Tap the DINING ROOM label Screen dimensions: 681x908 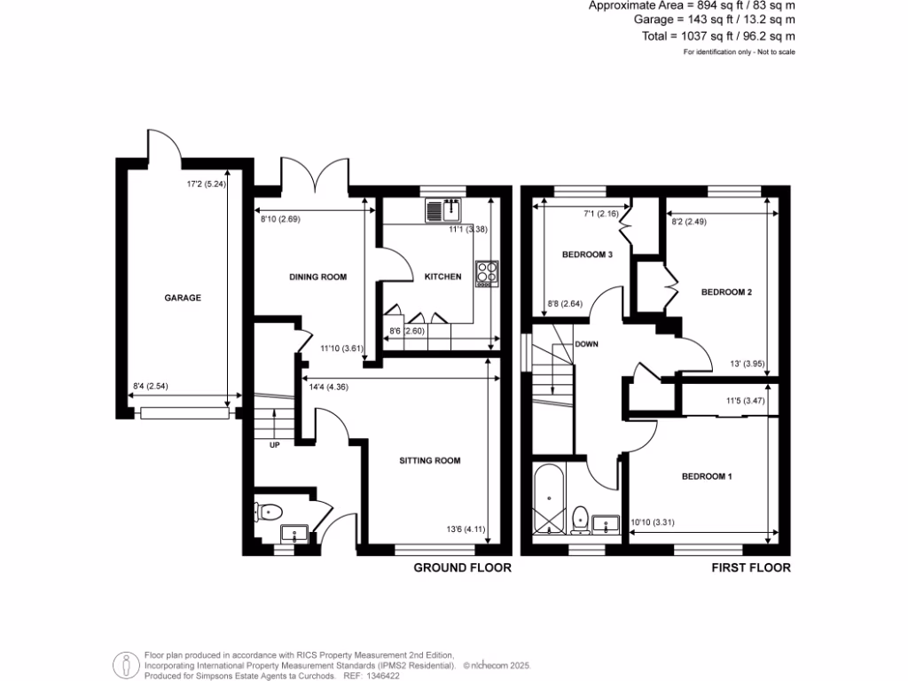coord(317,277)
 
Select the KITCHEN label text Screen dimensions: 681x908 coord(442,277)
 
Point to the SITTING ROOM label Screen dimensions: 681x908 coord(430,460)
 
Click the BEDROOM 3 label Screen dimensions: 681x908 coord(587,254)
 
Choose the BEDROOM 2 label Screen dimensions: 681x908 coord(726,291)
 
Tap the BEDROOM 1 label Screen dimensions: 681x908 coord(707,476)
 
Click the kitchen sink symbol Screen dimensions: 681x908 coord(443,210)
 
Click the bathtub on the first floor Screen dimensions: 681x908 coord(548,499)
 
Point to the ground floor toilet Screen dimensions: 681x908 coord(270,511)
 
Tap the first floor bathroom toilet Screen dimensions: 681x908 coord(581,518)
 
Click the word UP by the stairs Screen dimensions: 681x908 coord(274,445)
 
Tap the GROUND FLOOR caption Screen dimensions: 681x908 coord(462,567)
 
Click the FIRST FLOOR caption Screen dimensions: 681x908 coord(750,567)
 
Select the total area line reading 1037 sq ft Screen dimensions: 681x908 coord(718,36)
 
